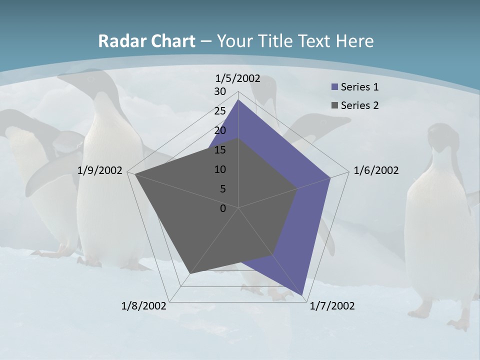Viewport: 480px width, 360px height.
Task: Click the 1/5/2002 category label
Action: pos(238,78)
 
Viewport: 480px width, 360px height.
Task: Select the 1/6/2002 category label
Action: pos(376,170)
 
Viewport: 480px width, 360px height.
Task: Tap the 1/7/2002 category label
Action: pos(332,306)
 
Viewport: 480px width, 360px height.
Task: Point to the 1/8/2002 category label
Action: pos(144,306)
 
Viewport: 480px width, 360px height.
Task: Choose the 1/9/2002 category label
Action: pos(100,170)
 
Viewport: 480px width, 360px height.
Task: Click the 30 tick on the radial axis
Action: pos(220,92)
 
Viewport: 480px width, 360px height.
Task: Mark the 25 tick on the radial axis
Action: pos(220,111)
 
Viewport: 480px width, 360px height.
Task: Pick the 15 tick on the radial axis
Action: pos(220,150)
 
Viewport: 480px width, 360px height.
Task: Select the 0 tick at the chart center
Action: pos(223,208)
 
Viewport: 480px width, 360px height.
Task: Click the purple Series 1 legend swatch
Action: pos(334,87)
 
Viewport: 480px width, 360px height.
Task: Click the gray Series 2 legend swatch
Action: pos(334,105)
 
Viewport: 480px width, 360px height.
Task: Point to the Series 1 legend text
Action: pos(359,87)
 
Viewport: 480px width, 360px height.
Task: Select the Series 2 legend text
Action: pos(359,105)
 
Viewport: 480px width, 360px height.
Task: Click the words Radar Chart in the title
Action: pos(146,41)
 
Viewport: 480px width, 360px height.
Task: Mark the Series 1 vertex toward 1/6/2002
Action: pos(330,177)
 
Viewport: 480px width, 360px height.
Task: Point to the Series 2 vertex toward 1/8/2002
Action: pos(190,273)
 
